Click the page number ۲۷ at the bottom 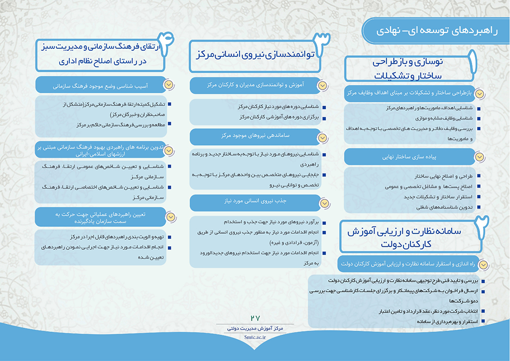(x=255, y=318)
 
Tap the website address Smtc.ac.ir (x=255, y=337)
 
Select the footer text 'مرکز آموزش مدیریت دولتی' (x=255, y=329)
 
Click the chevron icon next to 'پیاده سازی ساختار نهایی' (x=479, y=157)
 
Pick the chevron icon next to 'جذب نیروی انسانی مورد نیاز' (x=323, y=201)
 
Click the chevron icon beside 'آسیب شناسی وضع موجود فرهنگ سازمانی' (x=169, y=85)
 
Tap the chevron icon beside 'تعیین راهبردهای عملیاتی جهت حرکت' (x=169, y=217)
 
